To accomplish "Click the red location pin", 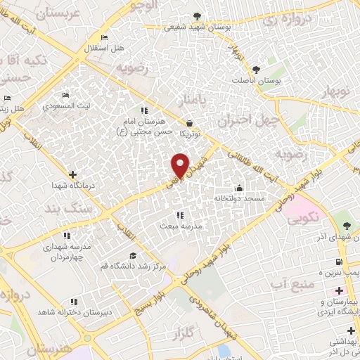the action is pos(180,164).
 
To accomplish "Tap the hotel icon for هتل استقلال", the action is pos(105,38).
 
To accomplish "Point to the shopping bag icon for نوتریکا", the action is pos(189,122).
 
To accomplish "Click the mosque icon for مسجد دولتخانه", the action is pos(239,188).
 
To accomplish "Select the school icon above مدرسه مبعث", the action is pos(179,215).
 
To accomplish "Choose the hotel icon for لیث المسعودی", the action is pos(66,96).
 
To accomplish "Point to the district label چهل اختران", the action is pos(245,121).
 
